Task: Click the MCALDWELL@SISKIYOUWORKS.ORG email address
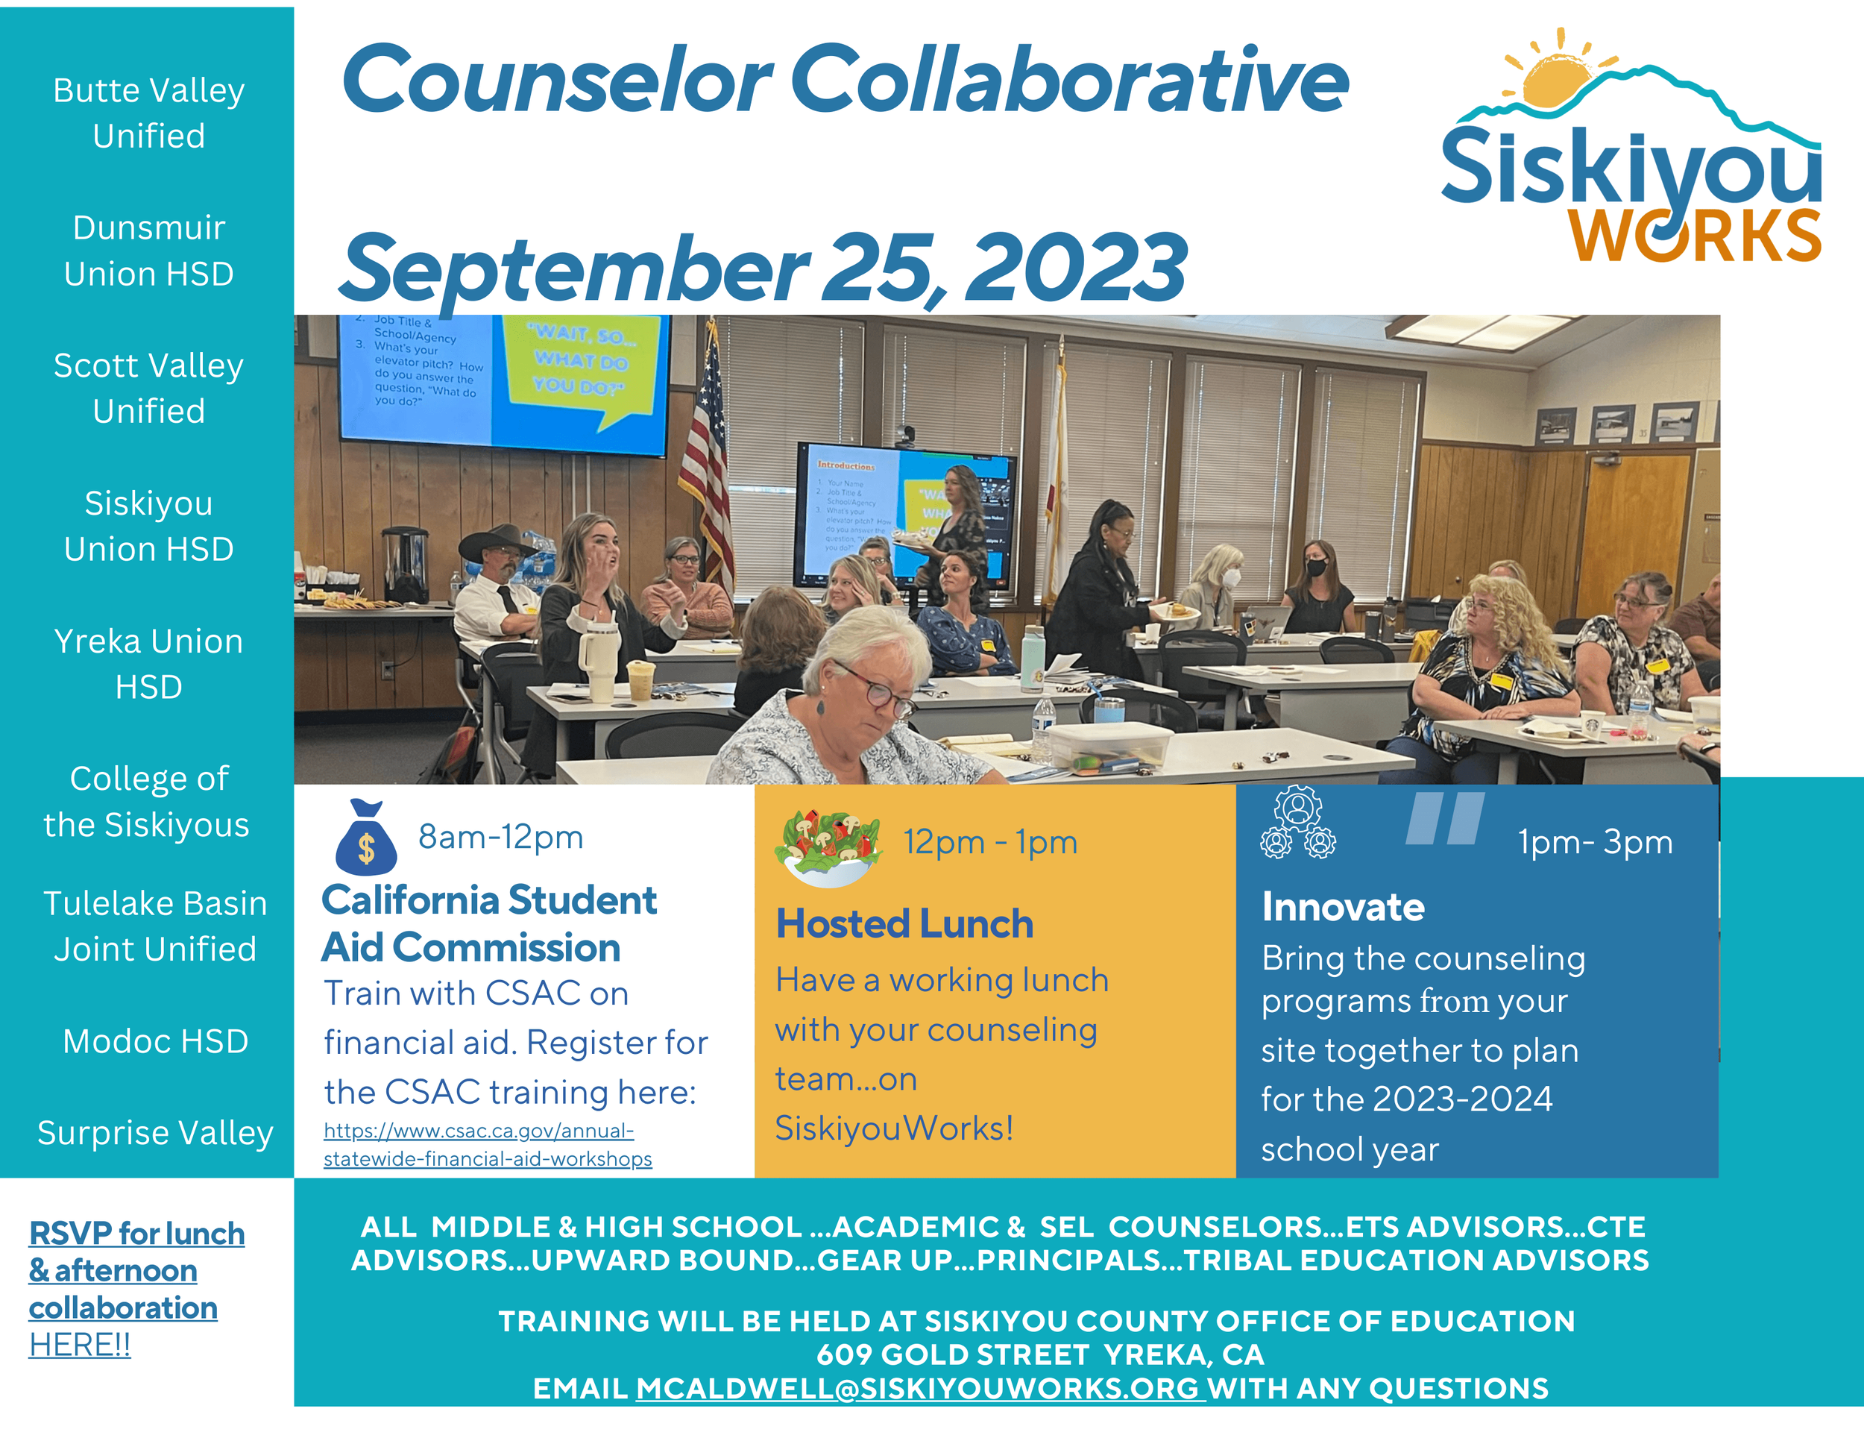click(x=919, y=1388)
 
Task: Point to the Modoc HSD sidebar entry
click(x=155, y=1041)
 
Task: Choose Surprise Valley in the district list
click(x=155, y=1133)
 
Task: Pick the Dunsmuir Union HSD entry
click(x=148, y=251)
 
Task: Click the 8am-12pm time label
click(x=501, y=838)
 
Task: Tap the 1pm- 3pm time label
click(x=1594, y=843)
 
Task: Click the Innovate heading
click(x=1343, y=907)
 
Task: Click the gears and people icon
click(x=1297, y=823)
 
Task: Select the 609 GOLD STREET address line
click(x=1039, y=1354)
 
